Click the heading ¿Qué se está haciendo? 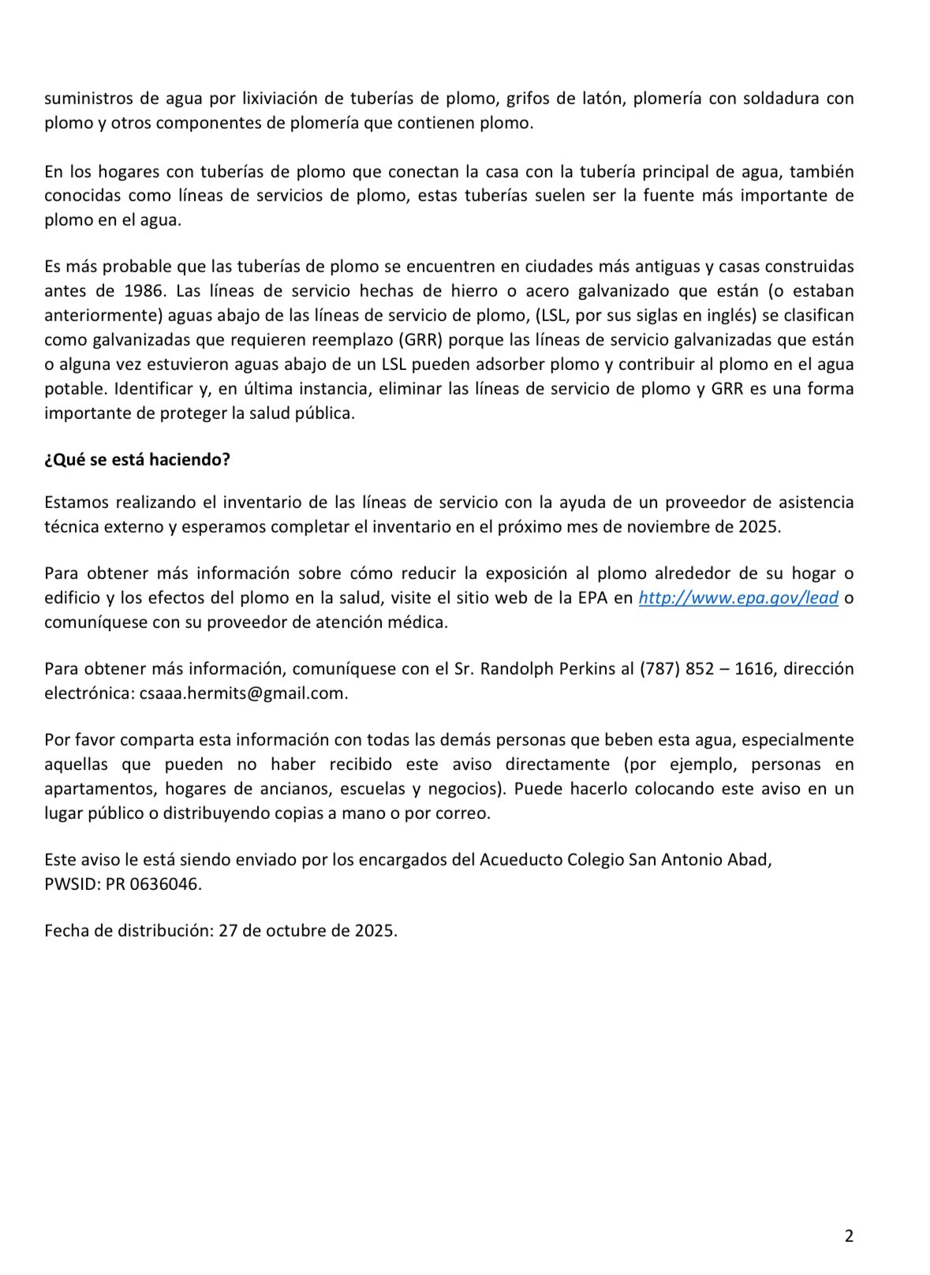click(137, 459)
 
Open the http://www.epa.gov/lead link click(738, 597)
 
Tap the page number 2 click(849, 1236)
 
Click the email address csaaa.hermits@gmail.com click(243, 693)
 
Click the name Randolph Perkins click(547, 668)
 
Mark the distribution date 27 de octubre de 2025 click(307, 929)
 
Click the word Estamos click(77, 502)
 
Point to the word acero click(547, 290)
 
